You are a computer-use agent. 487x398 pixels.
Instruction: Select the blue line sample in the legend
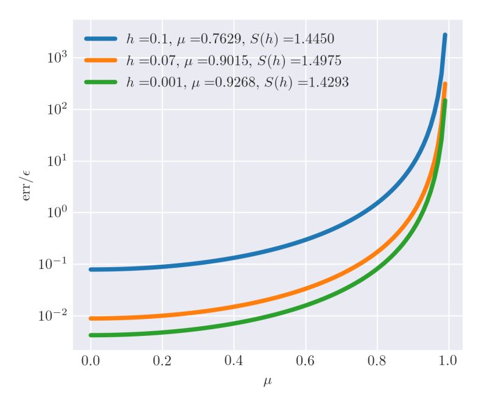coord(104,40)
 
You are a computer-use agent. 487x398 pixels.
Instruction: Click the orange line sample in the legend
coord(104,61)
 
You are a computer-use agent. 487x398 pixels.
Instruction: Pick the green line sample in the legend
coord(104,82)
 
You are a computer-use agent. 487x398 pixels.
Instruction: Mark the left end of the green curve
coord(91,335)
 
